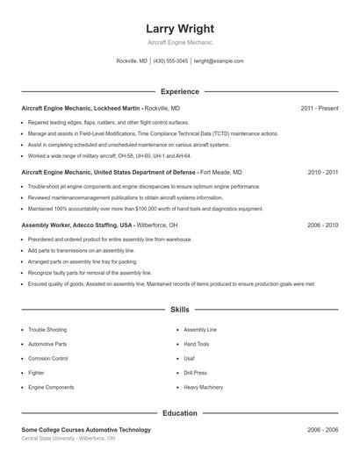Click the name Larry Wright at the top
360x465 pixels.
(179, 29)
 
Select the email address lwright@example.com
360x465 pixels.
(219, 61)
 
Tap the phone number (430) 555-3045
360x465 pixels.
(170, 61)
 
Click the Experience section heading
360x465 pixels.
(179, 91)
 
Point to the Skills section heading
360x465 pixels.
(179, 310)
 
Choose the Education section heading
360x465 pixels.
(179, 412)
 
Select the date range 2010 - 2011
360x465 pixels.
(323, 173)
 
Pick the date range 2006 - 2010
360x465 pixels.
(323, 225)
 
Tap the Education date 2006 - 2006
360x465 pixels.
(323, 430)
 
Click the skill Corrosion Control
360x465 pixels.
(48, 358)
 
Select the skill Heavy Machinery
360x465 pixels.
(203, 386)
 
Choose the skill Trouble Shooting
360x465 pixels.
(47, 330)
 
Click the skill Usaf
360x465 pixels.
(189, 358)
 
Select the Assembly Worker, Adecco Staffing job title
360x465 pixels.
(83, 225)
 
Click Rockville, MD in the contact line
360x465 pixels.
(132, 61)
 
